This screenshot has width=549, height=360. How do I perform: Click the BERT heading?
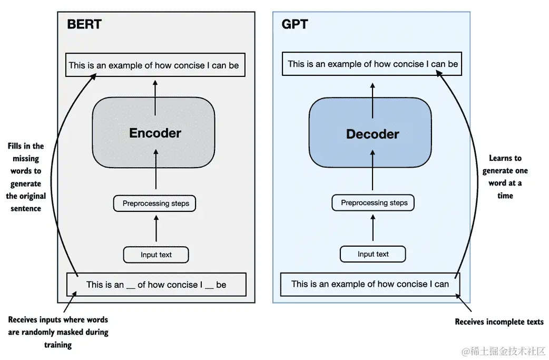coord(84,24)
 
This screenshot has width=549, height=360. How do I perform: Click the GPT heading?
coord(295,24)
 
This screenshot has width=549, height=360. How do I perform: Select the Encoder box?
coord(154,132)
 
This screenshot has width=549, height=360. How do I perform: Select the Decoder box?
coord(370,133)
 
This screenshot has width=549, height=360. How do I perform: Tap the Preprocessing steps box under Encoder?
coord(154,203)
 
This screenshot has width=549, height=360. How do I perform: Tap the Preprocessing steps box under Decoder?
coord(373,203)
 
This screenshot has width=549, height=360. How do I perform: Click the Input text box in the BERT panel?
coord(156,255)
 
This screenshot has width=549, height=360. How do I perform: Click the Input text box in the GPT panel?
coord(373,254)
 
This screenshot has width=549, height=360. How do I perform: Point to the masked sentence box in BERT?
coord(156,284)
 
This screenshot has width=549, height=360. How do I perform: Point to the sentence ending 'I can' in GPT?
coord(370,284)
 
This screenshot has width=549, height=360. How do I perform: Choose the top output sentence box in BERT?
coord(155,65)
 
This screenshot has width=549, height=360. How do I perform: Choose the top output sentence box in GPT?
coord(372,64)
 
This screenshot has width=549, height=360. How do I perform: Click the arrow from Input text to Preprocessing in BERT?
coord(156,228)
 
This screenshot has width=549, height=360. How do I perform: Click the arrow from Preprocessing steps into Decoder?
coord(372,170)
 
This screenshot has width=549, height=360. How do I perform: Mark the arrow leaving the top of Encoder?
coord(155,98)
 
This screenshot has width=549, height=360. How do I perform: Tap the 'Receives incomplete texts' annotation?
coord(499,322)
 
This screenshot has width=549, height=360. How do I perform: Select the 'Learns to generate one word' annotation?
coord(505,177)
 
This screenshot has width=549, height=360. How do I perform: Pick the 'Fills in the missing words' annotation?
coord(26,177)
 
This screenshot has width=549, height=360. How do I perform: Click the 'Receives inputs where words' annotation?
coord(58,332)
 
